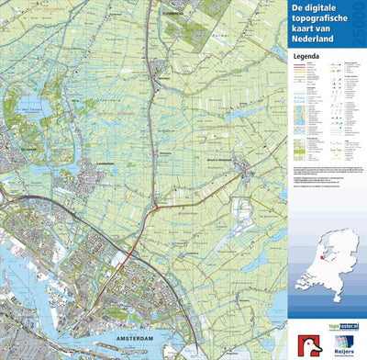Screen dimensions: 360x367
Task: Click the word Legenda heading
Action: (x=306, y=56)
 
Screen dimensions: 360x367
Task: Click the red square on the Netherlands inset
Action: (x=307, y=258)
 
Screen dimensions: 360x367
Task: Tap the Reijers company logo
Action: (x=341, y=342)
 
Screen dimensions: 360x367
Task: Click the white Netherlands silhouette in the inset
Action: (x=325, y=248)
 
